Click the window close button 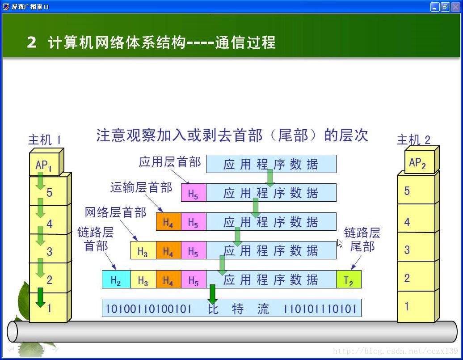point(455,7)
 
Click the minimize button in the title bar point(434,7)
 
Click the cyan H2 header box point(116,280)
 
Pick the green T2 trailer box point(349,280)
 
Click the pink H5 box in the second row point(194,192)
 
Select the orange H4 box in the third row point(168,221)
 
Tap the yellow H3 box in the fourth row point(143,250)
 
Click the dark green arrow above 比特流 point(212,294)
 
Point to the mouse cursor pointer point(340,244)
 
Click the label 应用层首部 point(170,162)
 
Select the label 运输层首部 point(141,187)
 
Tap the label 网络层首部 point(115,212)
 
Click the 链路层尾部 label point(362,239)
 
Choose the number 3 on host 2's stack point(407,250)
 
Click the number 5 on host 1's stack point(49,193)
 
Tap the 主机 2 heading point(413,140)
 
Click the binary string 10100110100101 point(148,309)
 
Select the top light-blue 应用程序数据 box point(271,164)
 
